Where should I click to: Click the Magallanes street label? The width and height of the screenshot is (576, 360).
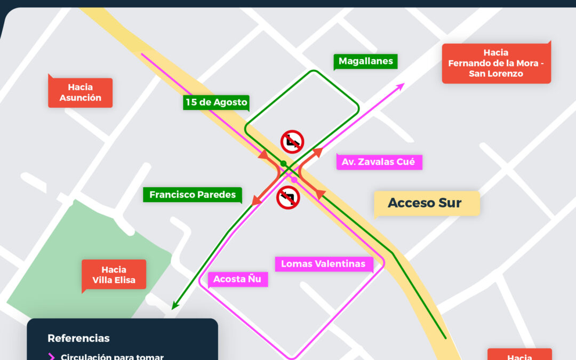pyautogui.click(x=366, y=61)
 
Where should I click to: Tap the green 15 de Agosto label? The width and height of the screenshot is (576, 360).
pyautogui.click(x=216, y=102)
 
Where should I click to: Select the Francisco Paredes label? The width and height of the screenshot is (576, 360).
pyautogui.click(x=192, y=195)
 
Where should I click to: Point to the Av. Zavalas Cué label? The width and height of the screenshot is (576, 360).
pyautogui.click(x=379, y=162)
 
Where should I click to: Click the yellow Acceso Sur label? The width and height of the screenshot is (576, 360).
pyautogui.click(x=425, y=203)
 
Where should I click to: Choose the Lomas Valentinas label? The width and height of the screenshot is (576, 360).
pyautogui.click(x=323, y=264)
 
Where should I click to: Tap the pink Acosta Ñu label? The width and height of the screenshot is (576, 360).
pyautogui.click(x=237, y=279)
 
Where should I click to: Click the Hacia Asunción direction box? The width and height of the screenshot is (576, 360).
pyautogui.click(x=81, y=92)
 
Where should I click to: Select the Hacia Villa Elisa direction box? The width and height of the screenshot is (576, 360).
pyautogui.click(x=114, y=275)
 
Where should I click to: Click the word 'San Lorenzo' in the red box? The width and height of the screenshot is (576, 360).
pyautogui.click(x=495, y=74)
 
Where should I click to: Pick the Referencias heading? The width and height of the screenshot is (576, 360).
pyautogui.click(x=78, y=338)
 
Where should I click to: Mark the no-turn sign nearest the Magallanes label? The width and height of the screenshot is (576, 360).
pyautogui.click(x=292, y=141)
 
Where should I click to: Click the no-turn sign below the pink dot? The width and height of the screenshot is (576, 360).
pyautogui.click(x=288, y=197)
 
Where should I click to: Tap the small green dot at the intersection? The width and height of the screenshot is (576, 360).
pyautogui.click(x=284, y=163)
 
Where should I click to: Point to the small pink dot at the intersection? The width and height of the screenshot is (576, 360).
pyautogui.click(x=294, y=180)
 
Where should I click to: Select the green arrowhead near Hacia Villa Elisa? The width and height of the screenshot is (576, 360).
pyautogui.click(x=174, y=306)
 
